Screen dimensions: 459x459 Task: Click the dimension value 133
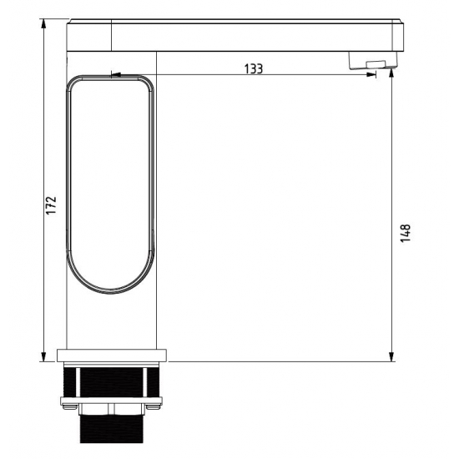coord(255,68)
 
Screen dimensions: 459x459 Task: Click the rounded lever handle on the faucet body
coord(111,184)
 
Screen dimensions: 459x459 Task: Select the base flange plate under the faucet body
coord(112,355)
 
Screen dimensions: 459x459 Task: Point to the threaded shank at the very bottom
coord(112,430)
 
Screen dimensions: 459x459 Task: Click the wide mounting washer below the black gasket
coord(112,403)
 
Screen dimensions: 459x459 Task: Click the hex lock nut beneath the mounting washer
coord(112,411)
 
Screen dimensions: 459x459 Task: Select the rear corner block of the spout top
coord(87,33)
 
